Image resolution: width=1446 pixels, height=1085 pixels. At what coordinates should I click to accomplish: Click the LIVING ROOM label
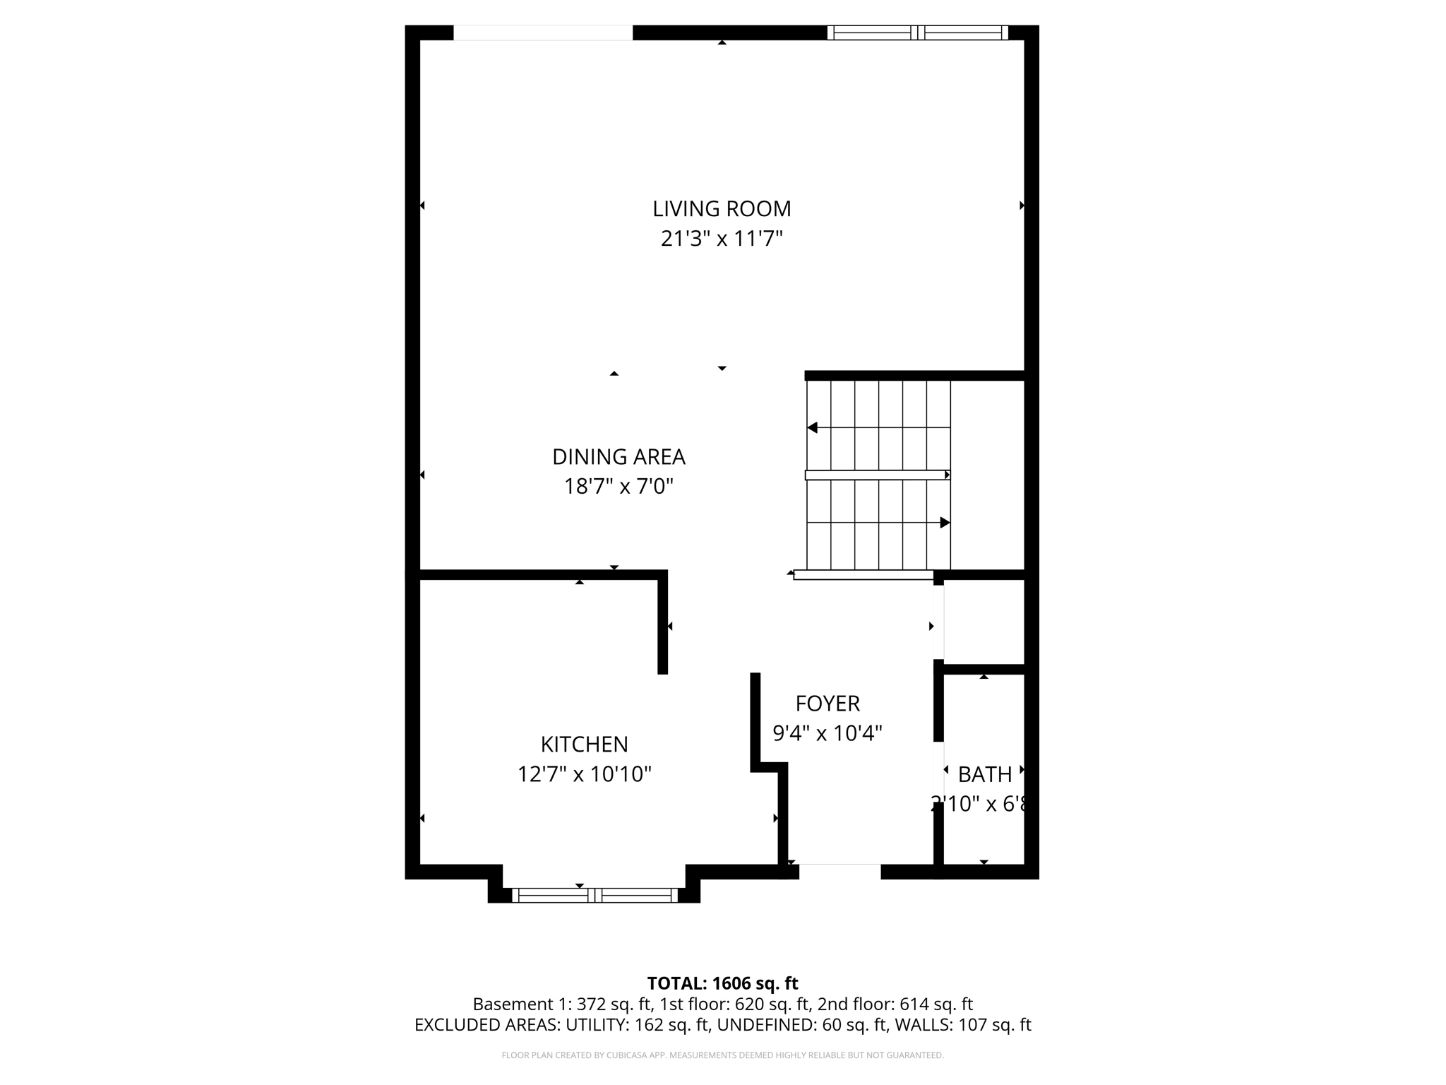(722, 208)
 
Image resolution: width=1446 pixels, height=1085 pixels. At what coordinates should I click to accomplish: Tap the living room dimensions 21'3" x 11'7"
(722, 239)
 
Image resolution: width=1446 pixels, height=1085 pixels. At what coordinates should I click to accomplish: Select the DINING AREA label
(619, 457)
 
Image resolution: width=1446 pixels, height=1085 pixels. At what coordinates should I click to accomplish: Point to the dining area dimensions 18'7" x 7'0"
(619, 487)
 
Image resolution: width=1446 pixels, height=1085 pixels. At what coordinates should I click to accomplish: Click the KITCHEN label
(584, 745)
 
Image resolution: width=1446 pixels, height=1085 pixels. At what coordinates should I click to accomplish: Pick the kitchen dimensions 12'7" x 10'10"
(584, 775)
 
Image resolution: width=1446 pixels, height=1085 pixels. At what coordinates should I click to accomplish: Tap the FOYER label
(827, 704)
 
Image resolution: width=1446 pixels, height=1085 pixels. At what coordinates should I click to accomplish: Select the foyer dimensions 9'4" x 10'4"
(827, 733)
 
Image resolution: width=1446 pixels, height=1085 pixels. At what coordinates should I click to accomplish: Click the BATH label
(984, 775)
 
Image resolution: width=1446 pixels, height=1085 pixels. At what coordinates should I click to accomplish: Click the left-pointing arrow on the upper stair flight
(813, 428)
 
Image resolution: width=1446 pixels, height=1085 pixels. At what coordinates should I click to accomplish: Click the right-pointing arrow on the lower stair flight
(945, 523)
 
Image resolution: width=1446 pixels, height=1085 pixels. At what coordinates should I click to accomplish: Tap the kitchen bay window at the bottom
(594, 896)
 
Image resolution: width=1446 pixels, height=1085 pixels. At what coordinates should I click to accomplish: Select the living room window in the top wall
(917, 32)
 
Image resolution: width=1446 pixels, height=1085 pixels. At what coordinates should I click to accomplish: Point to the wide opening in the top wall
(542, 32)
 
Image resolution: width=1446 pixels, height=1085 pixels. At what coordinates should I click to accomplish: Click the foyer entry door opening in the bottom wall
(839, 870)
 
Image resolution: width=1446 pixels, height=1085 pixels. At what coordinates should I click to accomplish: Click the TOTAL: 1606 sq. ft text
(722, 983)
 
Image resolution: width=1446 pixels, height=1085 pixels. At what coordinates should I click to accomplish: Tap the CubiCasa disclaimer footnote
(722, 1055)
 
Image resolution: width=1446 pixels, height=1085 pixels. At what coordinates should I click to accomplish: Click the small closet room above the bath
(984, 622)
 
